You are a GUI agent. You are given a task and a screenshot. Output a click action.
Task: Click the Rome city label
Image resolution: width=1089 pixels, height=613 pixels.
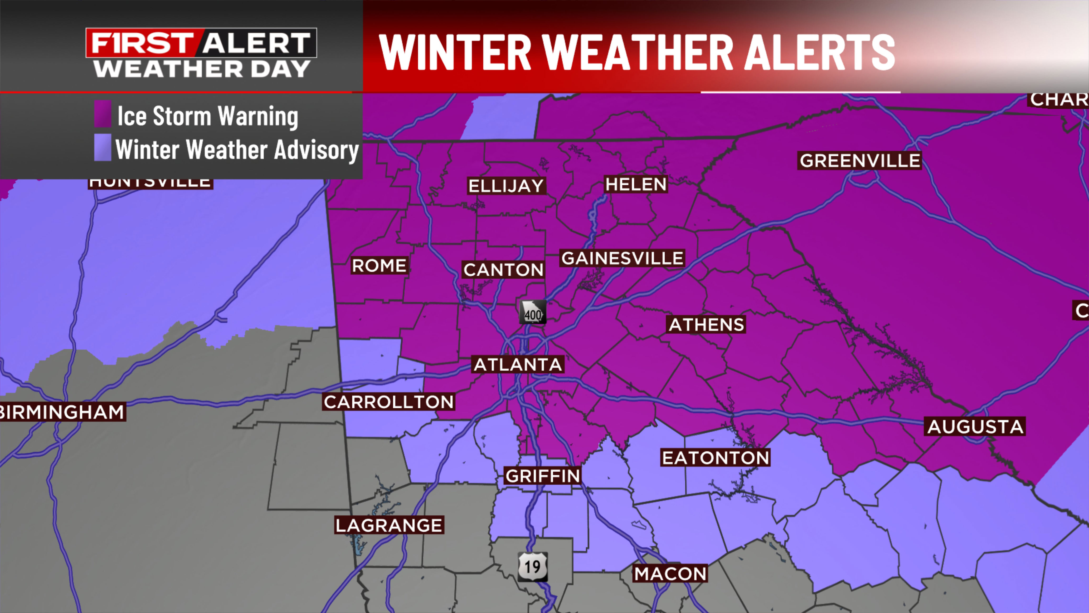point(379,266)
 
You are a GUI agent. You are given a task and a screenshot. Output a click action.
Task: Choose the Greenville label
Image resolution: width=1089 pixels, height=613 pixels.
point(860,161)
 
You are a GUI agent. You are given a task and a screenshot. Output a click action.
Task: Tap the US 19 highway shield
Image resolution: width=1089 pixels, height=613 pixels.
point(533,566)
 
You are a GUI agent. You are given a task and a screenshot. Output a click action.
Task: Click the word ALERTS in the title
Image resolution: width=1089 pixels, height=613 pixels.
point(819,52)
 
